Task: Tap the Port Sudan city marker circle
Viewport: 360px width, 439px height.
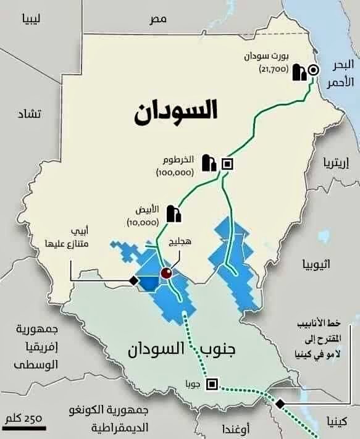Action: (x=313, y=70)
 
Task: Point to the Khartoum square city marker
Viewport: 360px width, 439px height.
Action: (x=227, y=164)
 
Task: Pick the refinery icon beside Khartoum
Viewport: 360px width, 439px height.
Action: (x=208, y=162)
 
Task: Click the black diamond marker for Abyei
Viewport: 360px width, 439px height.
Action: (x=132, y=281)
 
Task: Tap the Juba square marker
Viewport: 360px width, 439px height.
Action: (x=212, y=383)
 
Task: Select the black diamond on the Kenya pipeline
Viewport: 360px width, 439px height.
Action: (x=279, y=403)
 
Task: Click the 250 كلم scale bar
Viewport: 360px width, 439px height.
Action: (x=24, y=427)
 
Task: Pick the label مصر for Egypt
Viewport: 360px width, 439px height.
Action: (x=158, y=19)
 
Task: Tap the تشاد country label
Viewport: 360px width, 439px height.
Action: (x=28, y=114)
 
